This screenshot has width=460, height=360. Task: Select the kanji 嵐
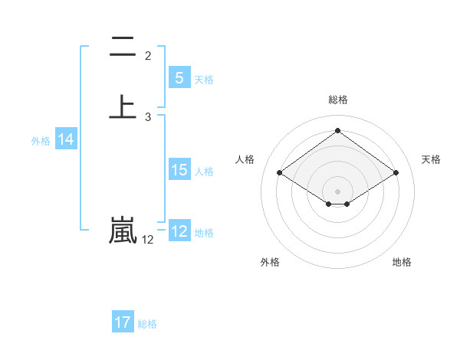tap(123, 230)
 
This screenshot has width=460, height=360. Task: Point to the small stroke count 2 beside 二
tap(148, 56)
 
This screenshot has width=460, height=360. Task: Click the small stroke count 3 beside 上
tap(148, 117)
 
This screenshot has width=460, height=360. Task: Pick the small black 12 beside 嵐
tap(147, 240)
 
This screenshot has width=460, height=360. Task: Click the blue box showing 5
tap(179, 77)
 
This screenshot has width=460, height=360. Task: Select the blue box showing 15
tap(179, 170)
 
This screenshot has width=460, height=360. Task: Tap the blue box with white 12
tap(179, 231)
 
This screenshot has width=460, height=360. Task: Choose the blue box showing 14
tap(66, 139)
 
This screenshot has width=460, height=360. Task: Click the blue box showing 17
tap(123, 322)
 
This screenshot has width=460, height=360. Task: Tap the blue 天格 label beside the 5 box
tap(204, 80)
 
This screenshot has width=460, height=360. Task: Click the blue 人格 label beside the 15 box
tap(204, 172)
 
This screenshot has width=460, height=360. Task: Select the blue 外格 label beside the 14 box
tap(41, 141)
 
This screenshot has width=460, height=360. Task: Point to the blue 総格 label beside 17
tap(147, 324)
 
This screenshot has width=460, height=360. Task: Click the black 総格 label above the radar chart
tap(337, 100)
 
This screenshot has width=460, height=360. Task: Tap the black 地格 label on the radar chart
tap(402, 262)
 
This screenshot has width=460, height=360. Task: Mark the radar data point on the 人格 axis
tap(280, 173)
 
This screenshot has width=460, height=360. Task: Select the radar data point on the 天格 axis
tap(396, 173)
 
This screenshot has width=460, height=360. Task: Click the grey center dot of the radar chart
tap(337, 191)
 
